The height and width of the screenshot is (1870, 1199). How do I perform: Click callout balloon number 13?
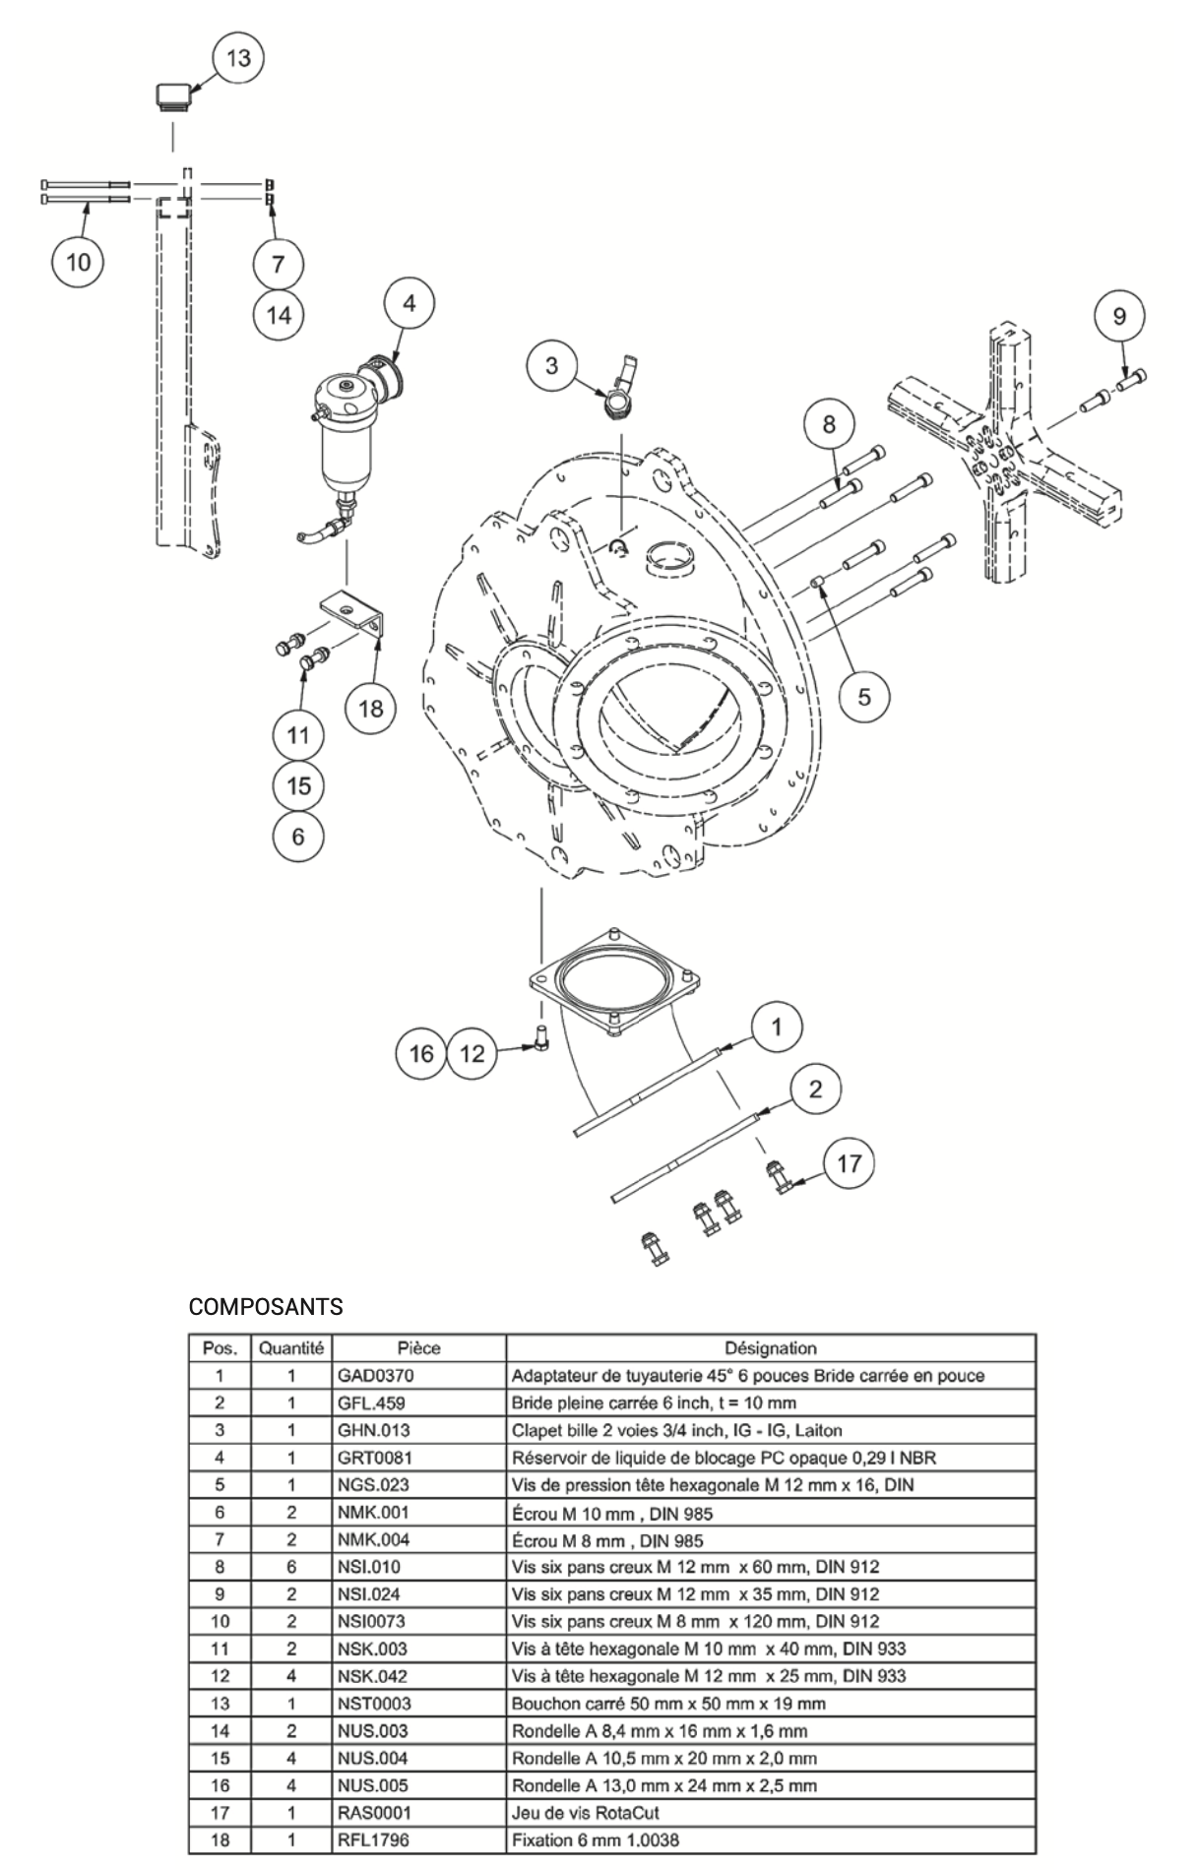click(238, 58)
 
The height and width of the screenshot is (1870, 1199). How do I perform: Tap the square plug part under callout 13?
click(173, 95)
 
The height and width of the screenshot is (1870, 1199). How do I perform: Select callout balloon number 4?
click(409, 303)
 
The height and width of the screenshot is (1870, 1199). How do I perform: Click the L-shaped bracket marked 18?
click(353, 612)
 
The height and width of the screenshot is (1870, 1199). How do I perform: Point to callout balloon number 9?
click(1119, 317)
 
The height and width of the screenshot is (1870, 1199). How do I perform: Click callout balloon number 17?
click(848, 1163)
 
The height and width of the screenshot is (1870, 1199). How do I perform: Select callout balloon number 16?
click(421, 1054)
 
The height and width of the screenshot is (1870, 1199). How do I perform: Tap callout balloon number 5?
click(863, 697)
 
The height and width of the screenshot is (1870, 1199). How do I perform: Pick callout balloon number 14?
click(279, 315)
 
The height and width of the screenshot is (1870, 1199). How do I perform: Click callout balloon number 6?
click(297, 837)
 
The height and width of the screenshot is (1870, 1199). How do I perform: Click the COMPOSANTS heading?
click(266, 1307)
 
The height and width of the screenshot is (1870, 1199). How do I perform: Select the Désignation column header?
click(770, 1348)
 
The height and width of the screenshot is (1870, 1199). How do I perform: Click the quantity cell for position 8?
click(291, 1567)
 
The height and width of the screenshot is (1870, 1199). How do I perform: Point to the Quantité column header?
click(291, 1348)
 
